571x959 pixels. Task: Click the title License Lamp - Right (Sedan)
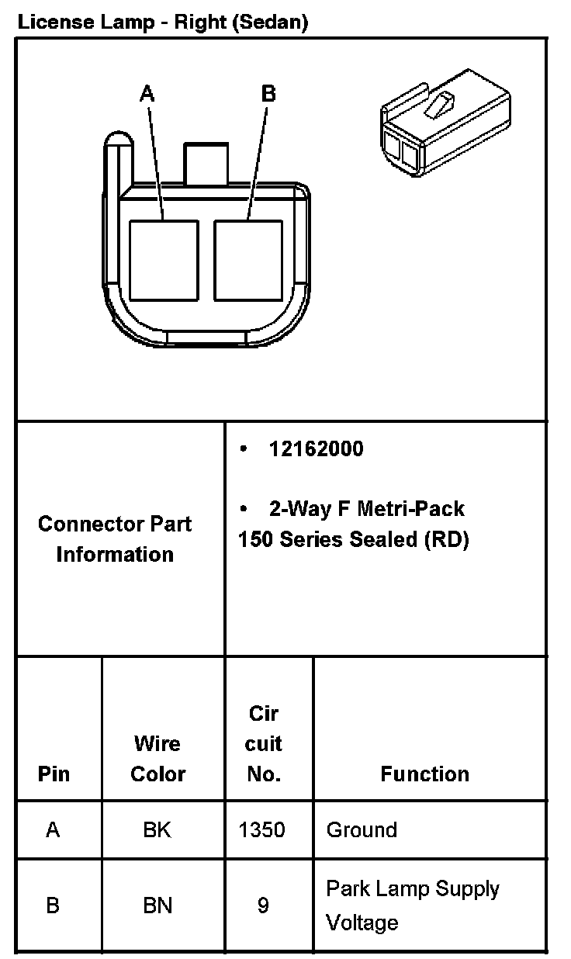pos(162,23)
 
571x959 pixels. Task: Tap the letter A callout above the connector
pos(147,94)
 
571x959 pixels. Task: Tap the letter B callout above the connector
pos(268,94)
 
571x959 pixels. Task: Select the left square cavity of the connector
pos(164,260)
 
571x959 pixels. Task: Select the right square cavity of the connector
pos(249,260)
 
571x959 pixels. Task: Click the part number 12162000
pos(316,449)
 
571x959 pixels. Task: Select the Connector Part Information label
pos(115,538)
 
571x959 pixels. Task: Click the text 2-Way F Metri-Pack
pos(366,509)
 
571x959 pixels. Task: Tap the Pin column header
pos(53,774)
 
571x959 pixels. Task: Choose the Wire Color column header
pos(157,759)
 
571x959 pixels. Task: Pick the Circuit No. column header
pos(263,743)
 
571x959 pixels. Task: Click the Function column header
pos(424,774)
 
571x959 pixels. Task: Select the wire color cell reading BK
pos(157,829)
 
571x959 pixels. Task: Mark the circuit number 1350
pos(262,829)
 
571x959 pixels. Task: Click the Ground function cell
pos(362,829)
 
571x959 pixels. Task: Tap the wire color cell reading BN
pos(157,905)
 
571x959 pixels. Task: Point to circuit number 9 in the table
pos(263,905)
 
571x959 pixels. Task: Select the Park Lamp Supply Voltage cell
pos(412,905)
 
